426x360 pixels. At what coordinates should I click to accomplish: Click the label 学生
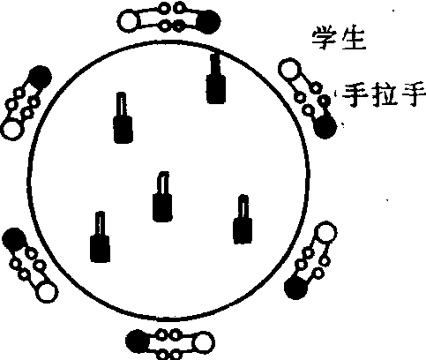tap(339, 39)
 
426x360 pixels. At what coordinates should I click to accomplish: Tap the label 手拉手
tap(384, 94)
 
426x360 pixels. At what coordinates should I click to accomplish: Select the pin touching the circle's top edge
tap(216, 79)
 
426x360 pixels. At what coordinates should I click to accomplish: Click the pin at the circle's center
tap(162, 197)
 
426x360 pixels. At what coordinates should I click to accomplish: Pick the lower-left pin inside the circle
tap(100, 237)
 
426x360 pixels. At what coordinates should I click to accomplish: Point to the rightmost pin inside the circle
tap(243, 220)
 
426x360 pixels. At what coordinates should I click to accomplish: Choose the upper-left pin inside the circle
tap(123, 118)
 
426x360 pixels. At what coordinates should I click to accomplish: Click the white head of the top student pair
tap(129, 21)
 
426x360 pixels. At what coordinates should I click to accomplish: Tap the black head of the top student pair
tap(209, 21)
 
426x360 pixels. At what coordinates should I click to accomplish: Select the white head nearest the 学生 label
tap(290, 70)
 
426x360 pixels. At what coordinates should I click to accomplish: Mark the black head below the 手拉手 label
tap(325, 127)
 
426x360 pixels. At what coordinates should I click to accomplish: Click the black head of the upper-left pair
tap(40, 78)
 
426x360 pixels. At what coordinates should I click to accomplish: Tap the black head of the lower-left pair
tap(13, 239)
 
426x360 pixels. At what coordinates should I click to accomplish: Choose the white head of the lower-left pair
tap(47, 292)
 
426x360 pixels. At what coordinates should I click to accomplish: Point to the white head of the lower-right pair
tap(326, 232)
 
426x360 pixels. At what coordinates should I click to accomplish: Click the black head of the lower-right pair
tap(295, 289)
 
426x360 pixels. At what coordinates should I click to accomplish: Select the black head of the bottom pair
tap(138, 341)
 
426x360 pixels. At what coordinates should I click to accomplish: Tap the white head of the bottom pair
tap(204, 342)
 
